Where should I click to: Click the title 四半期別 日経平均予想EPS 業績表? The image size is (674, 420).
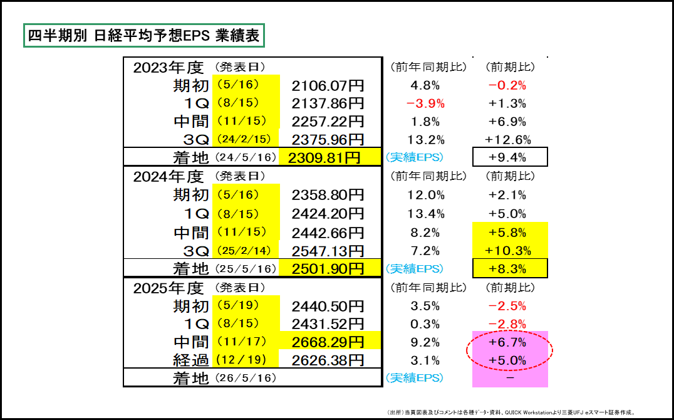143,35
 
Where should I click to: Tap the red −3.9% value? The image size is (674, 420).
425,103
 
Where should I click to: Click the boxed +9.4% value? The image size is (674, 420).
509,157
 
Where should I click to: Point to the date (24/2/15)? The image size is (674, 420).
246,139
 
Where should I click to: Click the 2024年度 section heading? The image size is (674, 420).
168,177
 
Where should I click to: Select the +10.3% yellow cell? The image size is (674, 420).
509,251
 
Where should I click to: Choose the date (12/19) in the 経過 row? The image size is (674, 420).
246,360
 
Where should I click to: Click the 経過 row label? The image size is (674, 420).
191,360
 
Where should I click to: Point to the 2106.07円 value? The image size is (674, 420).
328,85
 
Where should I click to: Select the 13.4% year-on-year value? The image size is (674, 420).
425,214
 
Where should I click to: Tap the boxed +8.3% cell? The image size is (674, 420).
509,269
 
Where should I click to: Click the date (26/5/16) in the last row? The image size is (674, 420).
246,378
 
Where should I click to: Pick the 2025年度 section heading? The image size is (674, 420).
168,288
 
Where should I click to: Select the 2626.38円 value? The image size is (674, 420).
328,360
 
